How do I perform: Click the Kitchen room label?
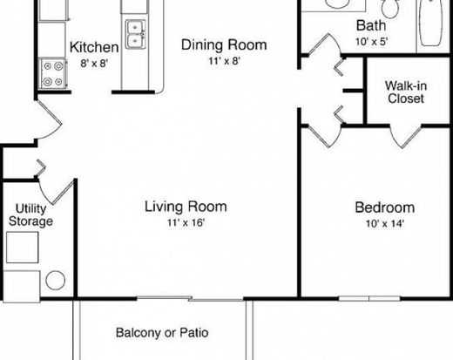coord(94,47)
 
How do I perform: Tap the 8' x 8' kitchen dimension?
coord(94,63)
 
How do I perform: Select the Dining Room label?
coord(224,44)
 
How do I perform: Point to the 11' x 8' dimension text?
coord(224,61)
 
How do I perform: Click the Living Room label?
coord(186,207)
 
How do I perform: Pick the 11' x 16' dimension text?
coord(186,222)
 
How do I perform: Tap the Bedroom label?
coord(385,207)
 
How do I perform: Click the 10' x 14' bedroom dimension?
coord(385,224)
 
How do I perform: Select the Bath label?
coord(371,25)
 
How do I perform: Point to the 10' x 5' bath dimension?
coord(372,42)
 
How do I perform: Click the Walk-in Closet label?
coord(406,92)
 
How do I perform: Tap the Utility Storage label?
coord(30,215)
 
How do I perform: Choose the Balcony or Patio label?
coord(162,333)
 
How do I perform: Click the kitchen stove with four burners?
coord(53,73)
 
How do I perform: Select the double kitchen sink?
coord(136,34)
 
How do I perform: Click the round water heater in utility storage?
coord(55,280)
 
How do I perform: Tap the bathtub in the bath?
coord(431,23)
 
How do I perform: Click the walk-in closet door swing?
coord(404,136)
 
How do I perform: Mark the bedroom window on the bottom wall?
coord(369,298)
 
